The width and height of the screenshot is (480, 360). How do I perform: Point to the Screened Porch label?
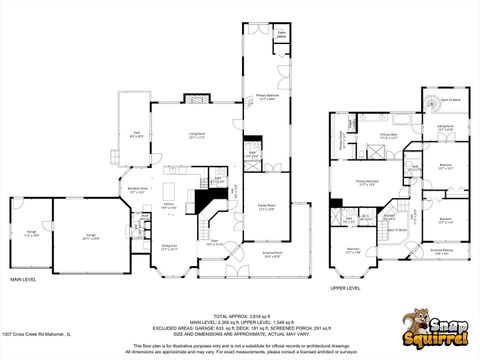[272, 255]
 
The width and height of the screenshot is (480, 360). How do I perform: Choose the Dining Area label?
[170, 246]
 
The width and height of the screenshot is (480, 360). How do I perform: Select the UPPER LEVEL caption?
[346, 287]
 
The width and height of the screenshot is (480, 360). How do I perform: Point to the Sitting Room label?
[445, 127]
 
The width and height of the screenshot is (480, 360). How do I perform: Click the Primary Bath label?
[389, 135]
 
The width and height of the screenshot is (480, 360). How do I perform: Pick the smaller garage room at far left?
[27, 237]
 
